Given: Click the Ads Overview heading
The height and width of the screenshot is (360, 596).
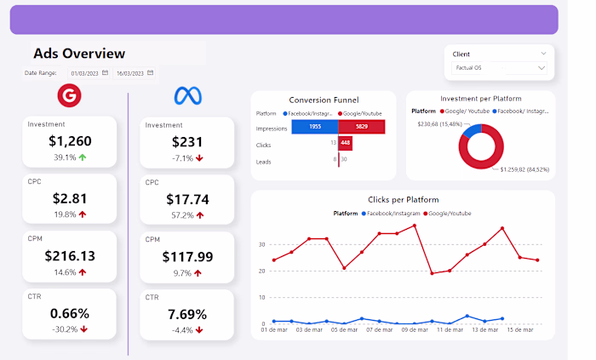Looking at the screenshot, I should pos(79,54).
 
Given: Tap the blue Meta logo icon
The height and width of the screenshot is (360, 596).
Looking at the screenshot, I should pos(186,95).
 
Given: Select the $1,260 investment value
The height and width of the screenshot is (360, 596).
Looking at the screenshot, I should pos(70,141).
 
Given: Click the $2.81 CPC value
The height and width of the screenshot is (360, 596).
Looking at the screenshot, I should pos(70,198).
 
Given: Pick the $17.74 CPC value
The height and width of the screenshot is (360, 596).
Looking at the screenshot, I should pos(187,199).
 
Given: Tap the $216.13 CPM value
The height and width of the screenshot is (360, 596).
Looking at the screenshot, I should pos(70,255).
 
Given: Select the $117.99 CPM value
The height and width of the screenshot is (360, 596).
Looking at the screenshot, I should pos(187,256).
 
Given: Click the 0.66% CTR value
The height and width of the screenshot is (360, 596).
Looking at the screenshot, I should pos(70,313).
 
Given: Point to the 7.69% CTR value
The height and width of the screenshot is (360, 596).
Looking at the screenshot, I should pos(187,314).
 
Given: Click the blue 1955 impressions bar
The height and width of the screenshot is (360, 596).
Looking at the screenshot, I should pos(314,127).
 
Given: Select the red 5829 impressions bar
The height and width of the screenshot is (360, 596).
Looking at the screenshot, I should pos(362,127).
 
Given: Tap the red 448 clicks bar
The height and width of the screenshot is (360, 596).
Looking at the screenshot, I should pos(345,143).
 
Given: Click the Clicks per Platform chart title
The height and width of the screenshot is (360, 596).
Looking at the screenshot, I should pos(402,200).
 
